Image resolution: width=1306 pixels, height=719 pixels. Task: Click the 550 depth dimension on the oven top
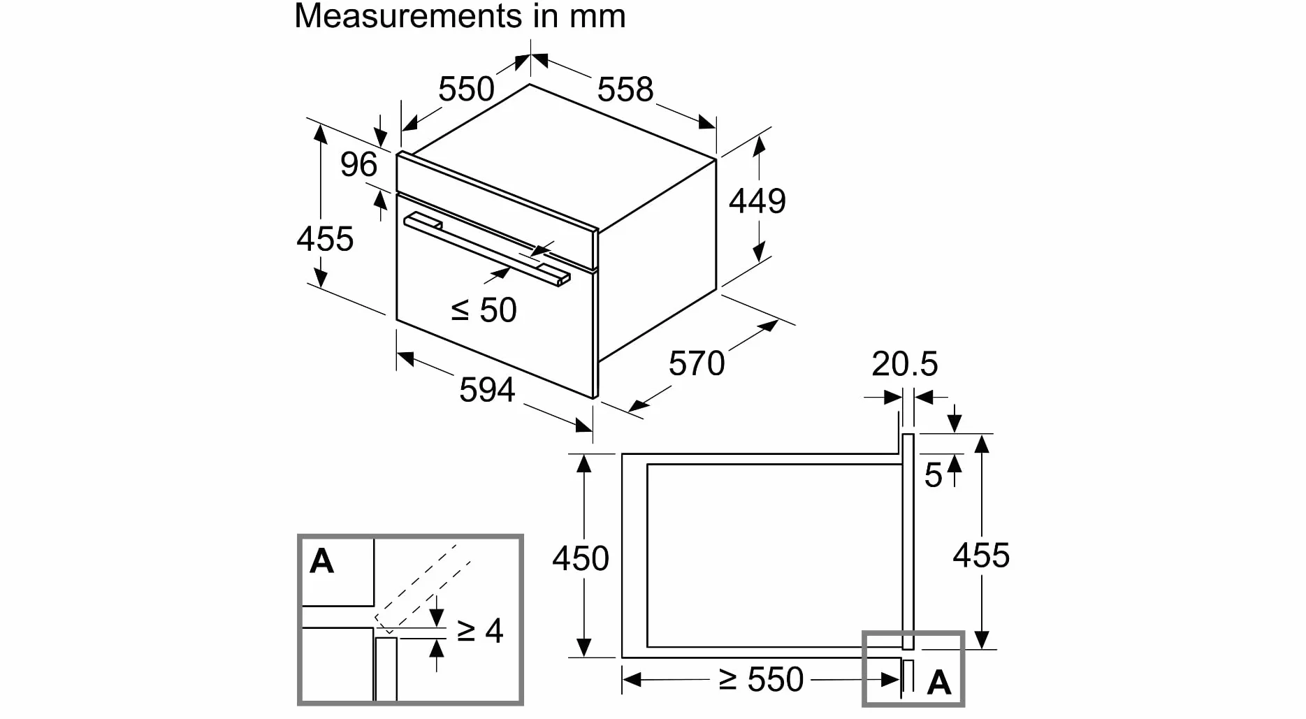coord(466,89)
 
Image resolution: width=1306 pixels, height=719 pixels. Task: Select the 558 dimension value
coord(625,89)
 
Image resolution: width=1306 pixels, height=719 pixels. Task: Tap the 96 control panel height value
coord(358,165)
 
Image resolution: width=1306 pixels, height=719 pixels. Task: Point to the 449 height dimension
coord(757,201)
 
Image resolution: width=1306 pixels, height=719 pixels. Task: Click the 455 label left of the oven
coord(325,239)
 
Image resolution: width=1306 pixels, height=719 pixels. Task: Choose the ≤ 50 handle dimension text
coord(484,310)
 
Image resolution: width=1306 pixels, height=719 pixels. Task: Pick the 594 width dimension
coord(487,390)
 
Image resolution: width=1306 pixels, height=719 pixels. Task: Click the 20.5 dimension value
coord(905,364)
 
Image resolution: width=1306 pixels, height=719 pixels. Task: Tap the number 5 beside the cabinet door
coord(934,476)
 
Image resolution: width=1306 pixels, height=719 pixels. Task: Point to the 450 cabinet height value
coord(581,559)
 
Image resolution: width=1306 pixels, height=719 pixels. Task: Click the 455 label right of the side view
coord(982,555)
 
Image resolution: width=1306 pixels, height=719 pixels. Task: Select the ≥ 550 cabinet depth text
coord(762,680)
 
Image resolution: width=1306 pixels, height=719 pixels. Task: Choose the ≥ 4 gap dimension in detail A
coord(480,631)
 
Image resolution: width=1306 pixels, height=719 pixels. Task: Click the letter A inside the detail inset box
coord(321,561)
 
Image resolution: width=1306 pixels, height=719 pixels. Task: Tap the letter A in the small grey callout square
coord(939,683)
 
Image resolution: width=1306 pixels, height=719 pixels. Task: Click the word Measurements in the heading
coord(409,15)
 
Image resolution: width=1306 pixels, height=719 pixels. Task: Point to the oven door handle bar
coord(487,249)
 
